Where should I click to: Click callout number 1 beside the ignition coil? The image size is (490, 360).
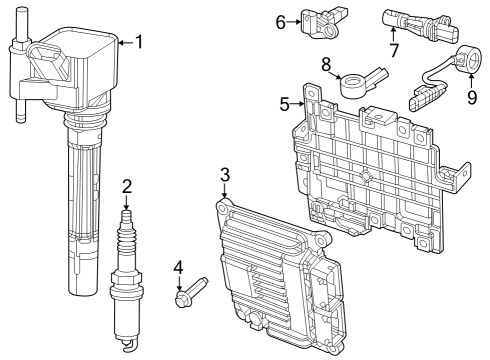[139, 42]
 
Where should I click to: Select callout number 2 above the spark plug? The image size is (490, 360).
[127, 185]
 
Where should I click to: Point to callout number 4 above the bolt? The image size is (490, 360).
[178, 267]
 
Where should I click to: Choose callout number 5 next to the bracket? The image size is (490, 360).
[285, 103]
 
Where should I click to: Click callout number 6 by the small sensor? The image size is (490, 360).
[281, 19]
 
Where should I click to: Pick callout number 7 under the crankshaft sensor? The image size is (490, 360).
[394, 49]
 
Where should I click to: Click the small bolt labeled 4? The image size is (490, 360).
[190, 292]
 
